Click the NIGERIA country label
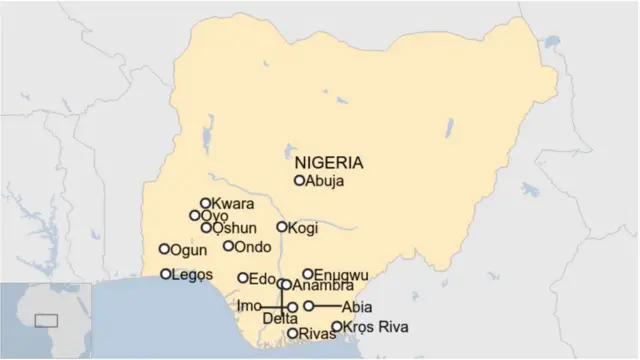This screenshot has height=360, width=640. [x=329, y=162]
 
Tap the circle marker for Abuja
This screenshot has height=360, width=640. [x=299, y=181]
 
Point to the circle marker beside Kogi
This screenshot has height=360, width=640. [x=282, y=228]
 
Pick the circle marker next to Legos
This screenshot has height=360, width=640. [x=166, y=274]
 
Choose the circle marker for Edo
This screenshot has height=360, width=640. [x=243, y=278]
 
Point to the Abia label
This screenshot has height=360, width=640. [x=357, y=306]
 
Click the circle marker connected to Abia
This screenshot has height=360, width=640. [x=309, y=306]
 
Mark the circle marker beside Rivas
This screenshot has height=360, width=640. [x=292, y=334]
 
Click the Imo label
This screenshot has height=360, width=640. [x=249, y=305]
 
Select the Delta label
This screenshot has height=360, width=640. [x=280, y=319]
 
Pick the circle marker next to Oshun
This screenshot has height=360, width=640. [x=206, y=228]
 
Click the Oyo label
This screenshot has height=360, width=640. [x=214, y=216]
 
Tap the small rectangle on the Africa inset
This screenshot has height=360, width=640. [x=45, y=320]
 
